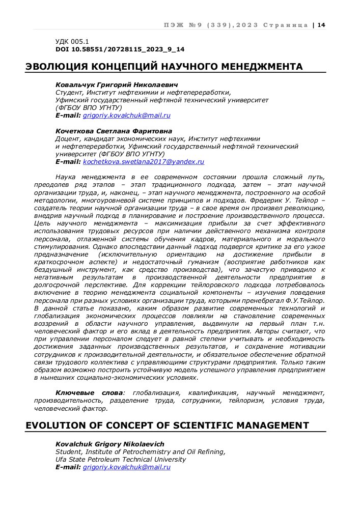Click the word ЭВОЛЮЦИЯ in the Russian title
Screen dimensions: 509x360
coord(57,67)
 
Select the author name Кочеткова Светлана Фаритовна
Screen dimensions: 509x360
coord(114,131)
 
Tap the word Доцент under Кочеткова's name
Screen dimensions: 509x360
coord(68,138)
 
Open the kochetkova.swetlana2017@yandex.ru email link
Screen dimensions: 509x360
coord(144,161)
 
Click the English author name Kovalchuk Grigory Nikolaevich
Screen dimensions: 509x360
coord(109,444)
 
